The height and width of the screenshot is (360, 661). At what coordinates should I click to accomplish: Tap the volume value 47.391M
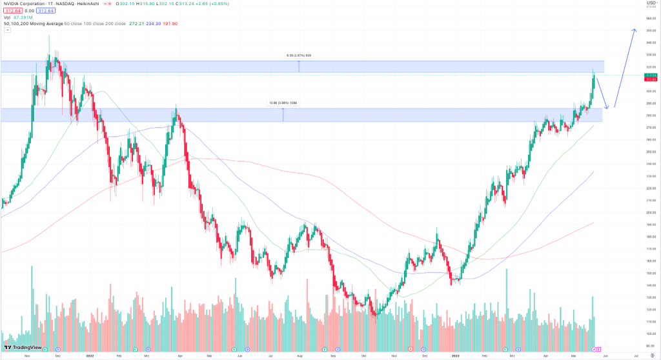(x=24, y=17)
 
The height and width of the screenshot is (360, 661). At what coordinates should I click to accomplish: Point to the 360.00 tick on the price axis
(x=651, y=18)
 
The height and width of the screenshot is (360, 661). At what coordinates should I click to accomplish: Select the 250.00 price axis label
(x=651, y=152)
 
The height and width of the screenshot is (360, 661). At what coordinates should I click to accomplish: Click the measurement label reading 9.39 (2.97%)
(x=299, y=55)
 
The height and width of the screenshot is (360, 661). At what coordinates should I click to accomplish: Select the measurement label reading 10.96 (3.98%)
(x=283, y=103)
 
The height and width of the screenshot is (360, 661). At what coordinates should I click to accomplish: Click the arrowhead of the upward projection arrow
(x=635, y=30)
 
